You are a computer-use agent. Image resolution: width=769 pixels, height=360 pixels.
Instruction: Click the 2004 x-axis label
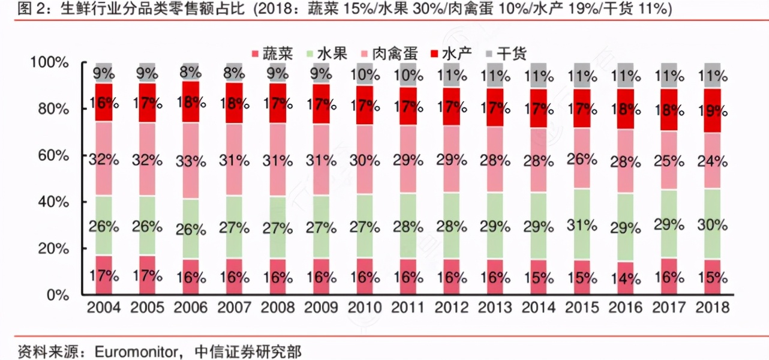(x=104, y=308)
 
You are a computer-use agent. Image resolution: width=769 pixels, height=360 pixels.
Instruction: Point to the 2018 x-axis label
(x=712, y=308)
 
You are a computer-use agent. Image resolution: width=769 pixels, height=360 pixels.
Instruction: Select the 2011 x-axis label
(x=408, y=308)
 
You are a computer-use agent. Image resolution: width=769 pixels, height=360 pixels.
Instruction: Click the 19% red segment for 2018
(x=712, y=110)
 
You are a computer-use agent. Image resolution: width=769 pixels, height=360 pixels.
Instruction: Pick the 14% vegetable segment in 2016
(x=625, y=278)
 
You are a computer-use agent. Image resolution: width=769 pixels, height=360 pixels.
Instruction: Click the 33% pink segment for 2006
(x=191, y=161)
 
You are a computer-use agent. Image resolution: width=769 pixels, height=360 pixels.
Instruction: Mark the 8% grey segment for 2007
(x=234, y=73)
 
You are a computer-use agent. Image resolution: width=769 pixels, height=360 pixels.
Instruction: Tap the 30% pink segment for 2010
(x=365, y=161)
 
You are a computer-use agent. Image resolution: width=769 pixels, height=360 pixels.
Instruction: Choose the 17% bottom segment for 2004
(x=104, y=275)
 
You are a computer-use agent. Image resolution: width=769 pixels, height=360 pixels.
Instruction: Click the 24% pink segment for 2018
(x=712, y=161)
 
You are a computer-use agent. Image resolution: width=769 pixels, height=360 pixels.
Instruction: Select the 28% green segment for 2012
(x=452, y=227)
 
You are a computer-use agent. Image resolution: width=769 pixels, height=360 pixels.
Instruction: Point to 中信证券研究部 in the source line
(x=252, y=350)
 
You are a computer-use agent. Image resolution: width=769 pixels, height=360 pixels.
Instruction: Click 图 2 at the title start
(x=16, y=9)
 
